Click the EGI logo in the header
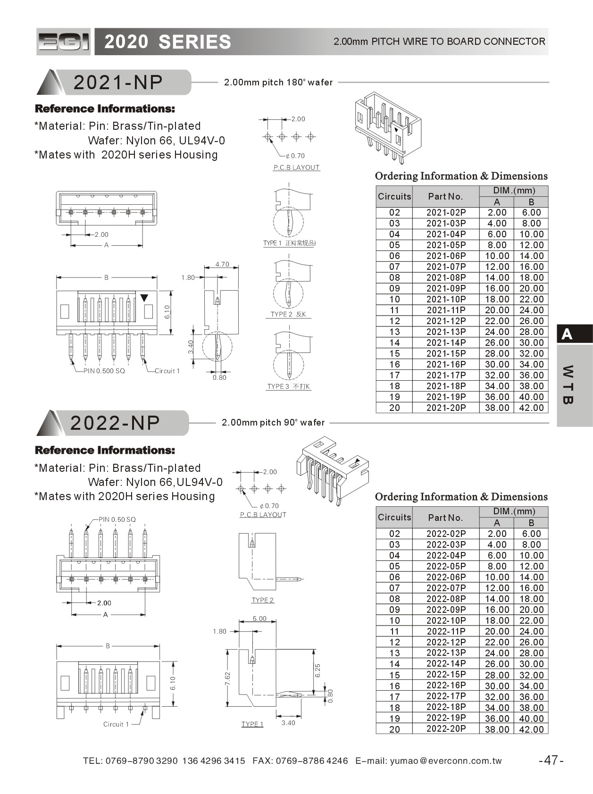64,42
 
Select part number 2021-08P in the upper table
446,277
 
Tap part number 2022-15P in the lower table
446,675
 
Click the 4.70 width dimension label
222,264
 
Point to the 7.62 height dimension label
227,679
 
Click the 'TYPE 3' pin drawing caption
288,386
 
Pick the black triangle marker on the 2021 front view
144,298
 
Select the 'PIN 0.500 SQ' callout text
104,371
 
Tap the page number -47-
551,760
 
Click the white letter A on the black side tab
567,334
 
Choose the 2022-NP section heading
115,423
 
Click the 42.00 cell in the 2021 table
531,408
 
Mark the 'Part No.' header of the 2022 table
445,518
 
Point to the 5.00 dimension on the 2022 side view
259,618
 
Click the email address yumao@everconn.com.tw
446,761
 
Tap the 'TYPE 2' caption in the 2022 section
263,600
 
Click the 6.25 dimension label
317,670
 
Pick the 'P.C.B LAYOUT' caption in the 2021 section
296,167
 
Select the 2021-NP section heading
118,83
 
